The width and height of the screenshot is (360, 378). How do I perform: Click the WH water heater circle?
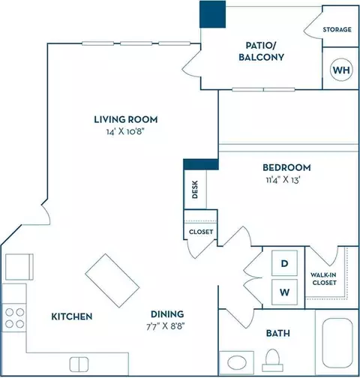(x=341, y=70)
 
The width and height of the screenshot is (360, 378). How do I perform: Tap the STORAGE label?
(x=337, y=29)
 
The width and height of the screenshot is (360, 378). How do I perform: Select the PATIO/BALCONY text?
(x=261, y=51)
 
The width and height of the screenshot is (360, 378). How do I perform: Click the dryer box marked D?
(x=284, y=263)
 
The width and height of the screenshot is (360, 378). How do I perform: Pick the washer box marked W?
(x=284, y=292)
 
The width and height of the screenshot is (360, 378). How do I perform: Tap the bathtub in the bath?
(x=337, y=343)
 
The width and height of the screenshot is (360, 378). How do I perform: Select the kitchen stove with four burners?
(x=14, y=318)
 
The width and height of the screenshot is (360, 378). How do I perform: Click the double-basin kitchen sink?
(x=79, y=364)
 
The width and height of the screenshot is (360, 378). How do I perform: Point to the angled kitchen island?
(x=112, y=280)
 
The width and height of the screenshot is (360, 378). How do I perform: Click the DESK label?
(x=195, y=190)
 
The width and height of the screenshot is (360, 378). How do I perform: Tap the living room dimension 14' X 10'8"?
(x=125, y=131)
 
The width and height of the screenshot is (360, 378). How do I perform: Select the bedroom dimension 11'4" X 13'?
(x=283, y=179)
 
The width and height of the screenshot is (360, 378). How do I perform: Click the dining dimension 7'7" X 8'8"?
(x=166, y=326)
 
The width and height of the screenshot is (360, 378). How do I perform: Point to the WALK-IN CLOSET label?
(x=324, y=279)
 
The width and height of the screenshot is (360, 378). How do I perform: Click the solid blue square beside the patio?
(x=212, y=14)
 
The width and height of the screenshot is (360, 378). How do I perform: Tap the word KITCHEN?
(x=72, y=316)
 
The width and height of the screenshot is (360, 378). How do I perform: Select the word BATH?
(x=278, y=333)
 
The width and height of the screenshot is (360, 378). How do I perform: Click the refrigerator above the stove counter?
(x=19, y=267)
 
